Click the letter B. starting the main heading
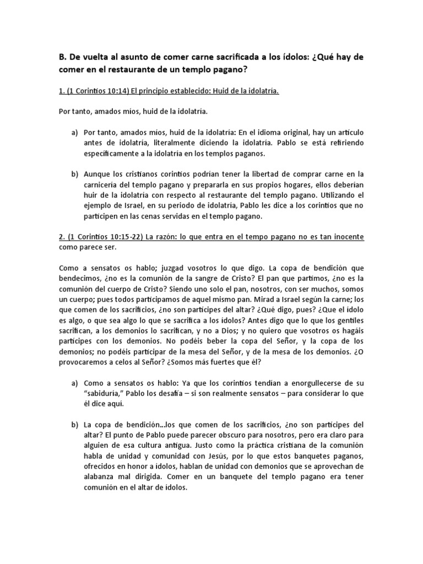62,57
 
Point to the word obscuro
216,435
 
